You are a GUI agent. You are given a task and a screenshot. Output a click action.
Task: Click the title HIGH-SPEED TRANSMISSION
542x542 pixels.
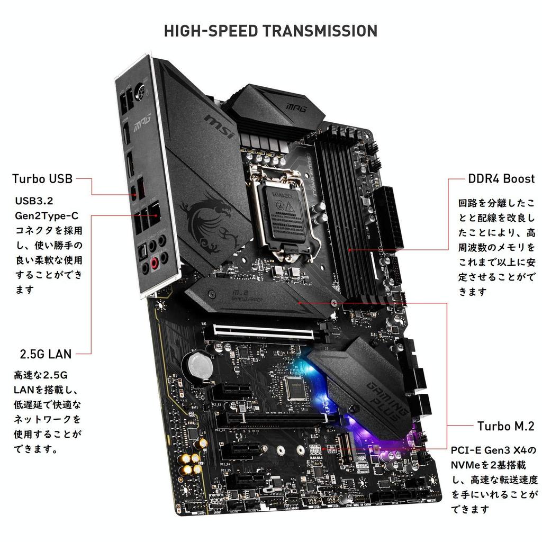270,30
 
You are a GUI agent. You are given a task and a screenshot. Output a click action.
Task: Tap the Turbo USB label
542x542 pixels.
42,178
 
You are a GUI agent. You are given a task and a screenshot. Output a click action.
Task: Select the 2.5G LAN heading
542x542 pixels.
46,353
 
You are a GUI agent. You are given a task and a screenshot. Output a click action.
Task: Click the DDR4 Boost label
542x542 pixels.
501,178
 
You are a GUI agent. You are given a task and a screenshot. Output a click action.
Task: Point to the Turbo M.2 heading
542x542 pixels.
505,426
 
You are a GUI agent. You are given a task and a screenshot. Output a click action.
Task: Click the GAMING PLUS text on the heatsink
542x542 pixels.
387,394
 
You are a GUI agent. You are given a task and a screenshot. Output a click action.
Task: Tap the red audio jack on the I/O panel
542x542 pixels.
155,263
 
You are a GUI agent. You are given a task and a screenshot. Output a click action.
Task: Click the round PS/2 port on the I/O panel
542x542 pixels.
140,91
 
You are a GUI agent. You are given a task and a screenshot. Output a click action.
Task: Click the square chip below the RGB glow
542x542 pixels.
295,389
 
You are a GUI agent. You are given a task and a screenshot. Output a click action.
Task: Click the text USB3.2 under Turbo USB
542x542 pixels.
34,202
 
